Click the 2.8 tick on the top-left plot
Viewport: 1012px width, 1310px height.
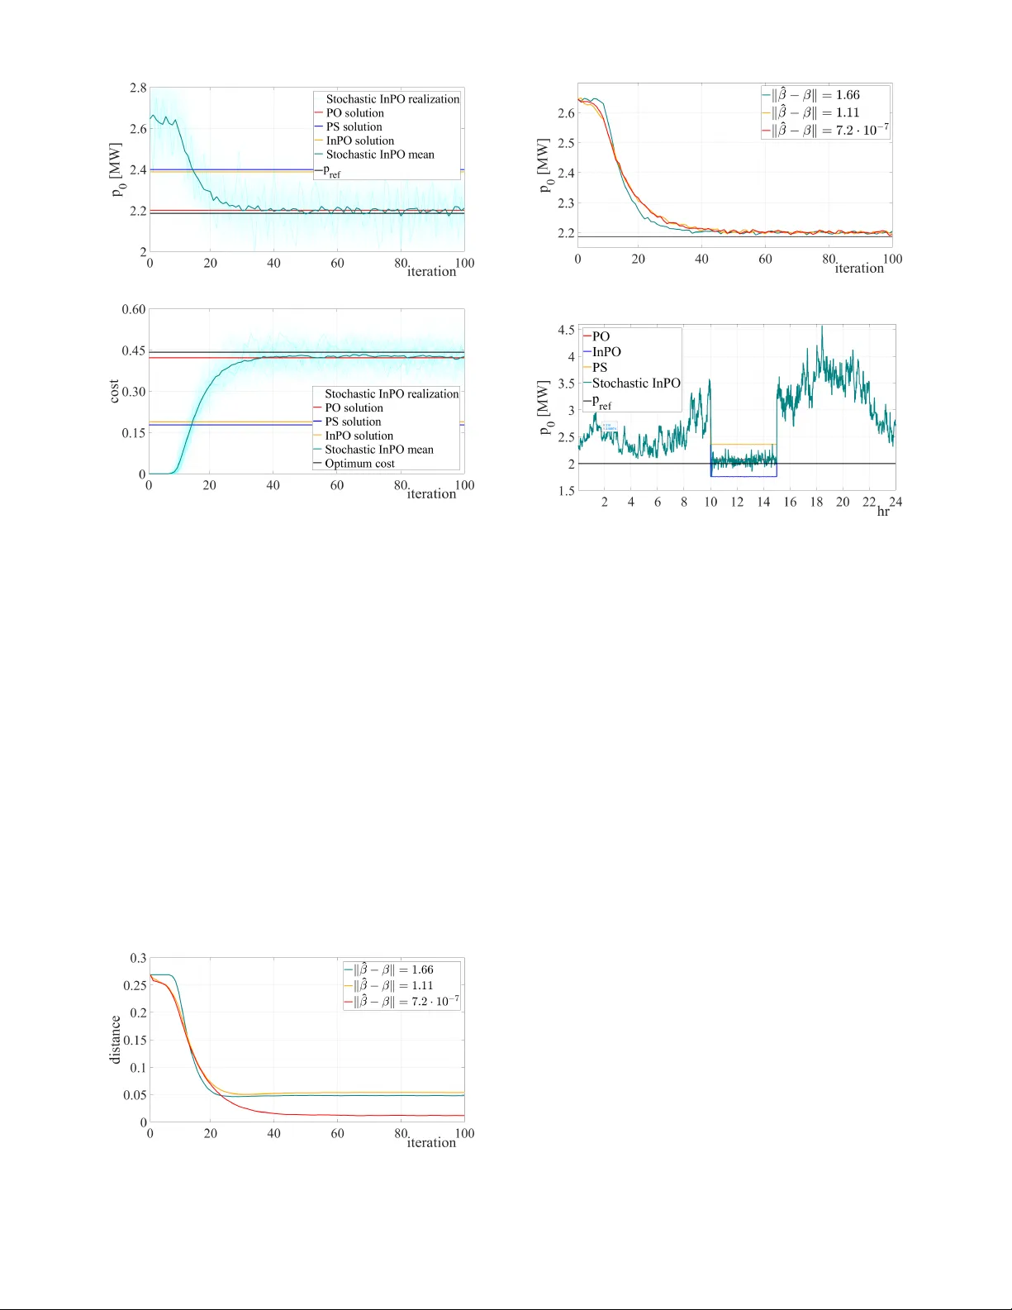[x=138, y=88]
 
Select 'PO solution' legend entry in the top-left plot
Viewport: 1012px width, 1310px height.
[x=354, y=113]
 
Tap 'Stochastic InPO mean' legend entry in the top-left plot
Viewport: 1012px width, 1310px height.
[x=379, y=155]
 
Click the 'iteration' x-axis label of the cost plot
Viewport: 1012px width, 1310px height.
[x=431, y=494]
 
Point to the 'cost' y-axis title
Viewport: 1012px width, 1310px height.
[x=114, y=392]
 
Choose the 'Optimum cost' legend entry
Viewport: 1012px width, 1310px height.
[x=359, y=464]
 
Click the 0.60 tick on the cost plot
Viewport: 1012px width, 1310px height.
[x=134, y=310]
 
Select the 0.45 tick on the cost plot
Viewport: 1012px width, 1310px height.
[x=134, y=351]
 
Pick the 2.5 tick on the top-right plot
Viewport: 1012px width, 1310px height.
[x=566, y=143]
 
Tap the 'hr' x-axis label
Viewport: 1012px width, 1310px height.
[x=883, y=512]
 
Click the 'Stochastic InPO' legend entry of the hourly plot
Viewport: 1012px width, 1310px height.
[x=635, y=383]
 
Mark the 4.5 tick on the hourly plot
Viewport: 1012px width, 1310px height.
[x=566, y=330]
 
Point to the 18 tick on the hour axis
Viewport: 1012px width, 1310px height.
[x=816, y=503]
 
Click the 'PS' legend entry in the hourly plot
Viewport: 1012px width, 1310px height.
[x=600, y=368]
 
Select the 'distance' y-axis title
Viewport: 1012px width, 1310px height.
[x=115, y=1040]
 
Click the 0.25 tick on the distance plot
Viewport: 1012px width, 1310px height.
[x=135, y=986]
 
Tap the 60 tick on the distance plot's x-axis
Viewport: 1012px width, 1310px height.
[x=337, y=1134]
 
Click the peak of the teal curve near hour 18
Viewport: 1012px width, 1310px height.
[x=821, y=326]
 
